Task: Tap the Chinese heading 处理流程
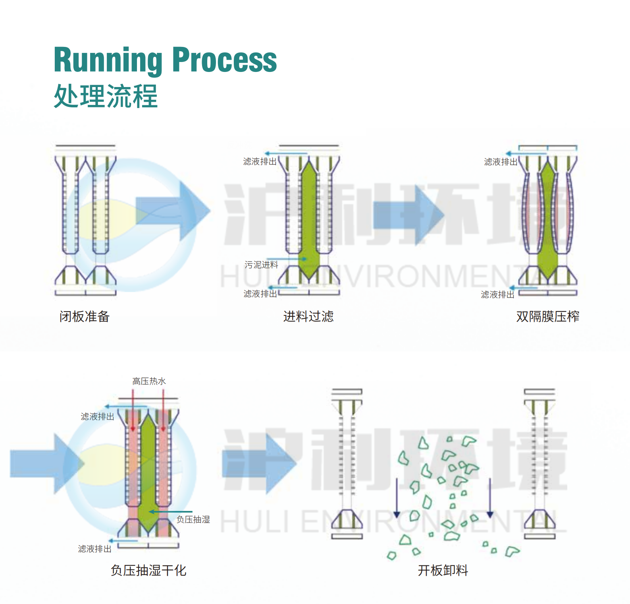106,96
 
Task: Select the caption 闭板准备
85,317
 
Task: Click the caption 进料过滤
308,317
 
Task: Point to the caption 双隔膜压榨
547,317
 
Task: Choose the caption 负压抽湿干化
148,571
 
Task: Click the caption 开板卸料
443,571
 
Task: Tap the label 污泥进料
261,265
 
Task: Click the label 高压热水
149,381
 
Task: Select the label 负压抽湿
193,519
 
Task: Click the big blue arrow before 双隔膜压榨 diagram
409,215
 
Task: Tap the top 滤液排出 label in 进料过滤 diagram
260,161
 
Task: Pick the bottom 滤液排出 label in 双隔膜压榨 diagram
497,294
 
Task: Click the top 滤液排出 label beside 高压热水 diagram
97,416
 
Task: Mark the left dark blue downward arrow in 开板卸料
397,498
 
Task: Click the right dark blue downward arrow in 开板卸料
490,498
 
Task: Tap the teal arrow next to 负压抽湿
171,512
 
